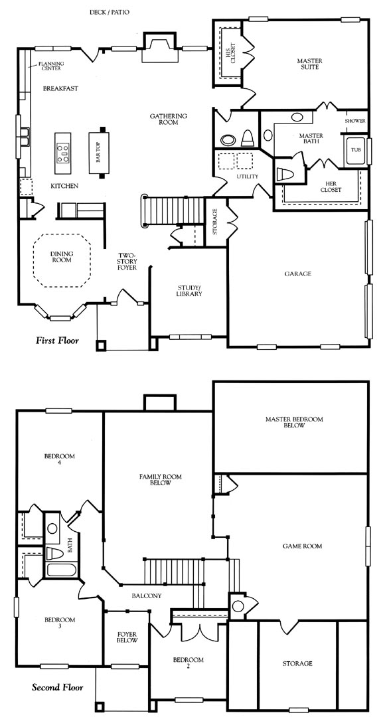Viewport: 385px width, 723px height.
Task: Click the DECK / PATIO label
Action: point(110,12)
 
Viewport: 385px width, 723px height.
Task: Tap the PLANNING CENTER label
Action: point(51,66)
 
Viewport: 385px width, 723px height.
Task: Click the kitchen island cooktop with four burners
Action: point(62,153)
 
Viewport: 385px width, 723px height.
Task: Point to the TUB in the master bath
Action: point(356,151)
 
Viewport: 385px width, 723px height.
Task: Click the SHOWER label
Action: point(355,121)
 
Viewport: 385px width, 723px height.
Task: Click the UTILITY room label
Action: point(248,176)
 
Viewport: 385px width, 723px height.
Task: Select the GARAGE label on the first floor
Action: point(297,274)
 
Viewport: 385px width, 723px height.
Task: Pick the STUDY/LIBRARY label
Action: point(189,291)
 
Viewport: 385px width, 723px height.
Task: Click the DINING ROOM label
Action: point(61,257)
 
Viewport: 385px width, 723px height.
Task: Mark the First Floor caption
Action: point(57,341)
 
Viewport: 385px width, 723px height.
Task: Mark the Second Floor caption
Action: point(58,688)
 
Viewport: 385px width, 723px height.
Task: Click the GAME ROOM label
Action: point(302,546)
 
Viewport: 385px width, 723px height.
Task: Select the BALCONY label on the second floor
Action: point(147,596)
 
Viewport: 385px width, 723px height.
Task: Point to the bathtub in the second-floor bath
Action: point(61,570)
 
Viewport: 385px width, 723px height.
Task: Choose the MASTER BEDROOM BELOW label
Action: point(294,422)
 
